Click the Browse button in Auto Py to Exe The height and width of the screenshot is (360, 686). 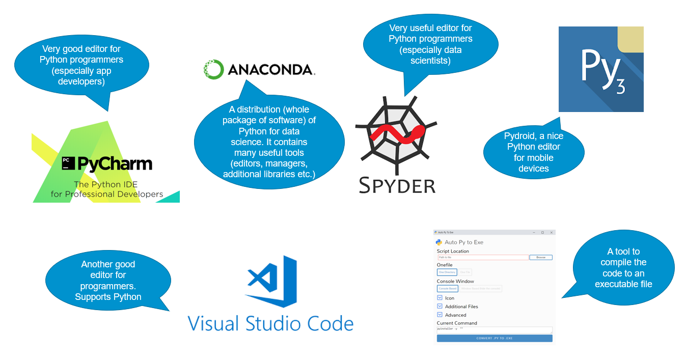tap(540, 258)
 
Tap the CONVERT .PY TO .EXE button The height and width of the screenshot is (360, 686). tap(494, 338)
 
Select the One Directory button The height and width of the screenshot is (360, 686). tap(447, 272)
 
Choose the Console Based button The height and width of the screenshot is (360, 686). tap(447, 289)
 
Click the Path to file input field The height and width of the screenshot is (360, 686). tap(482, 258)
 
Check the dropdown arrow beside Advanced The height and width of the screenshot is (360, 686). tap(440, 315)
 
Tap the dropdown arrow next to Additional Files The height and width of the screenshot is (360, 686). tap(440, 306)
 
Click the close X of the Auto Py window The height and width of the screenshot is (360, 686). tap(551, 232)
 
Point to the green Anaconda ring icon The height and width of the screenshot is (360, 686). tap(213, 70)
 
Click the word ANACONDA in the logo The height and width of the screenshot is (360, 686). tap(271, 70)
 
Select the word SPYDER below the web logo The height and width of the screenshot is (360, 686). tap(397, 185)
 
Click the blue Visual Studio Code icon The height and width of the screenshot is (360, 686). tap(271, 282)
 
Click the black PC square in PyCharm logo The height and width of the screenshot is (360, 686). tap(66, 163)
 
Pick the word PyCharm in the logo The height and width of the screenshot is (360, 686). tap(115, 163)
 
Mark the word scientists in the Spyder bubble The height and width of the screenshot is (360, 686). tap(430, 61)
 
